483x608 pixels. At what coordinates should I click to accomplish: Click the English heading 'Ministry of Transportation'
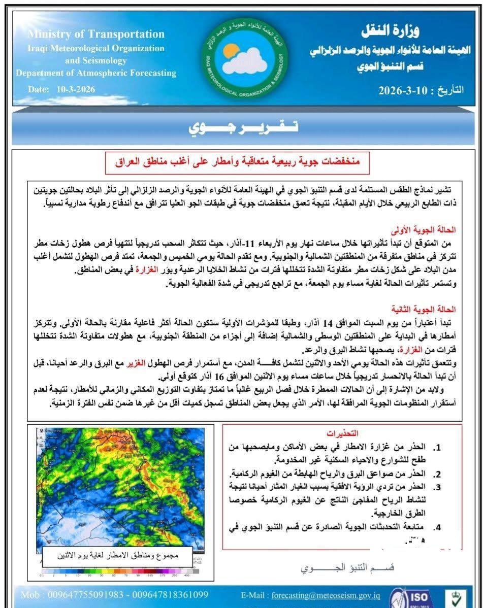(x=96, y=35)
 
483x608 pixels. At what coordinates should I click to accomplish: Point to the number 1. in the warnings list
(x=436, y=449)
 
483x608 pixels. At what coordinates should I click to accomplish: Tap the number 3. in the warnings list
(x=436, y=487)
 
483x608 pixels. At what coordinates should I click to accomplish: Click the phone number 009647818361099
(x=170, y=595)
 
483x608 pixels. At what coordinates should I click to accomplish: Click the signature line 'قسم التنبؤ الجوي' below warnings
(x=347, y=567)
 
